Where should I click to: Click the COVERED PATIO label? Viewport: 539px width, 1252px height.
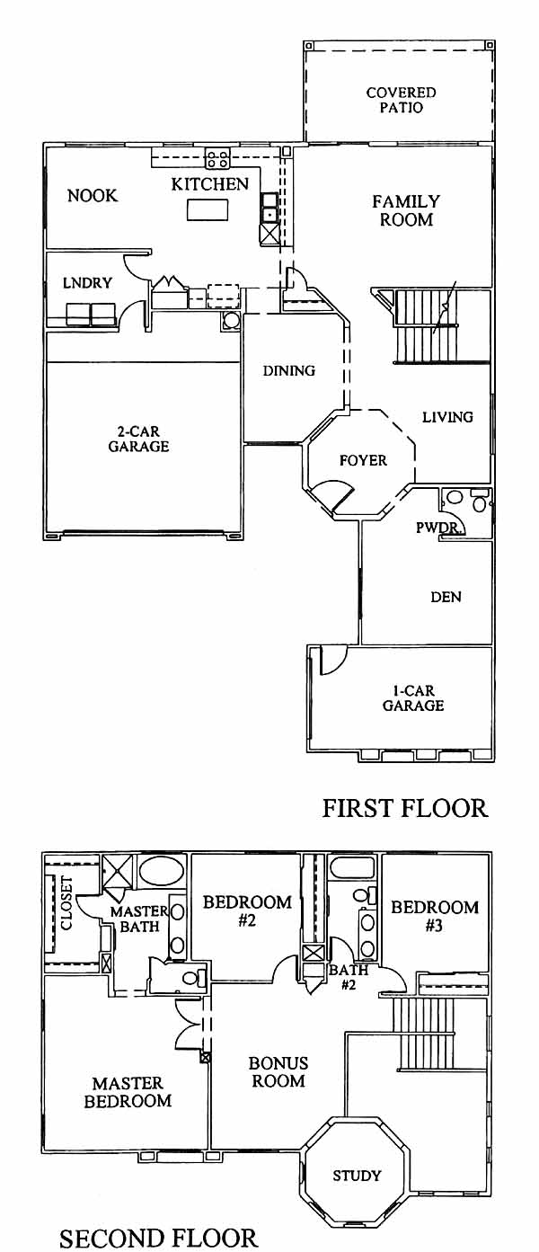click(x=401, y=100)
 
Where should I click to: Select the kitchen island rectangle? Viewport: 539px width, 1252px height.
click(x=208, y=210)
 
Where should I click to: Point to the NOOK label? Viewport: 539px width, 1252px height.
click(x=93, y=196)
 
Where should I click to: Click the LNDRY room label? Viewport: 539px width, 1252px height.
click(x=87, y=283)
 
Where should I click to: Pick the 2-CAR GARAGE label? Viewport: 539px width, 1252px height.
click(x=138, y=439)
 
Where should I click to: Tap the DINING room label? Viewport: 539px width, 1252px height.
click(x=288, y=370)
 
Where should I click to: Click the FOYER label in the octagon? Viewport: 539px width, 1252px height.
click(x=363, y=460)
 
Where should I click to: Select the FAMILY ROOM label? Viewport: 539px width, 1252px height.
click(x=406, y=210)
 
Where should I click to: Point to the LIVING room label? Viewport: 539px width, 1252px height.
click(x=447, y=417)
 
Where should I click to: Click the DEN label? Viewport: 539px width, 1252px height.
click(x=446, y=597)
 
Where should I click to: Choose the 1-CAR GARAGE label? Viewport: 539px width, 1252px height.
click(x=413, y=698)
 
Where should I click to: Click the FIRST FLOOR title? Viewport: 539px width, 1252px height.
click(x=405, y=809)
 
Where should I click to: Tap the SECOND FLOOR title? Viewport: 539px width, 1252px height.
click(x=158, y=1238)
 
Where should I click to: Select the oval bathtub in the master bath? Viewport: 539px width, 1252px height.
click(x=161, y=870)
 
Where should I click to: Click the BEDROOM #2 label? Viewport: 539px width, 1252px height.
click(x=247, y=911)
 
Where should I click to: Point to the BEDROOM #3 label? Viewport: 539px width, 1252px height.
click(x=435, y=916)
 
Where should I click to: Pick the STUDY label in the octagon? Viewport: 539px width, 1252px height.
click(x=357, y=1176)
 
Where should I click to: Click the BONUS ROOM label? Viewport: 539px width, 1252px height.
click(x=278, y=1072)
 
